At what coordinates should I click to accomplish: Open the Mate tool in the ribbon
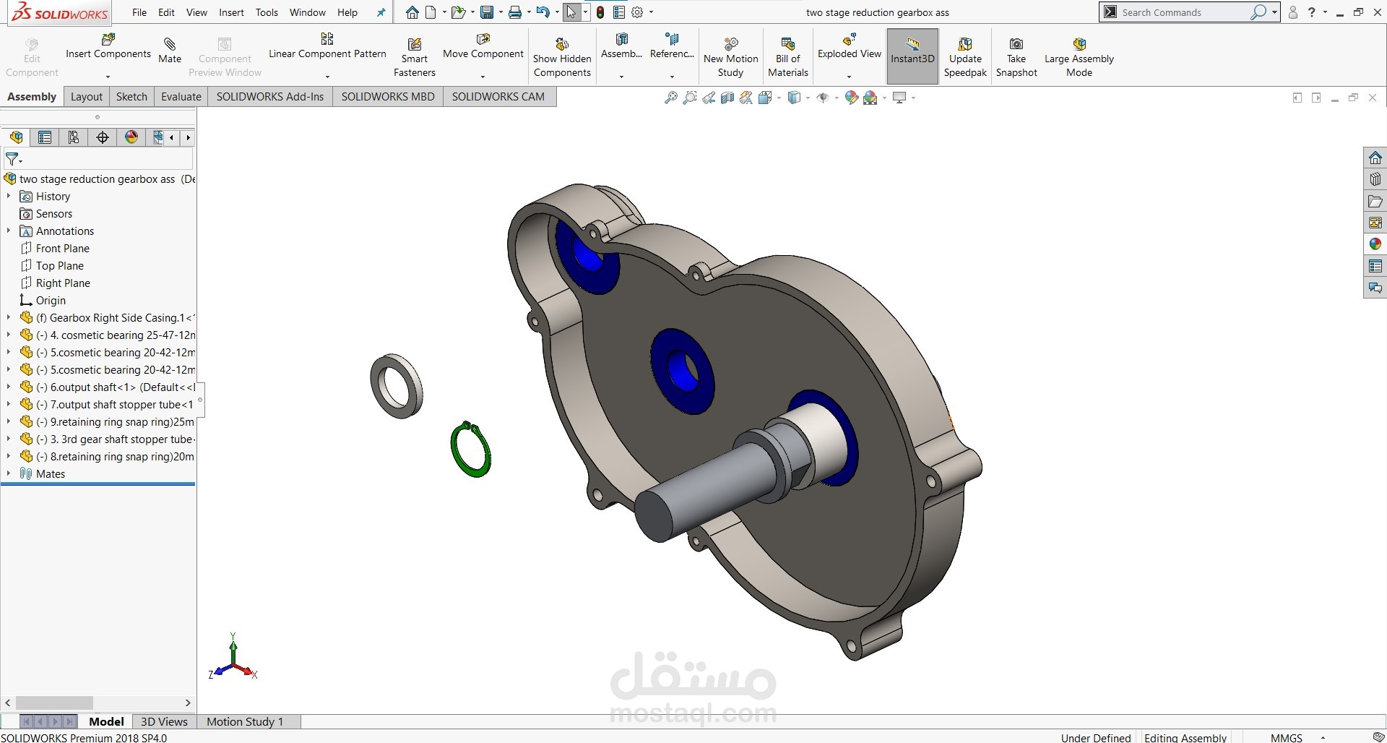[170, 51]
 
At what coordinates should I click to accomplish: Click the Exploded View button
[850, 53]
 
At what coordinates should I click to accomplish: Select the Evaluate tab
[181, 96]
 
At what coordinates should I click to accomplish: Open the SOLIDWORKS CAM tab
[498, 96]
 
